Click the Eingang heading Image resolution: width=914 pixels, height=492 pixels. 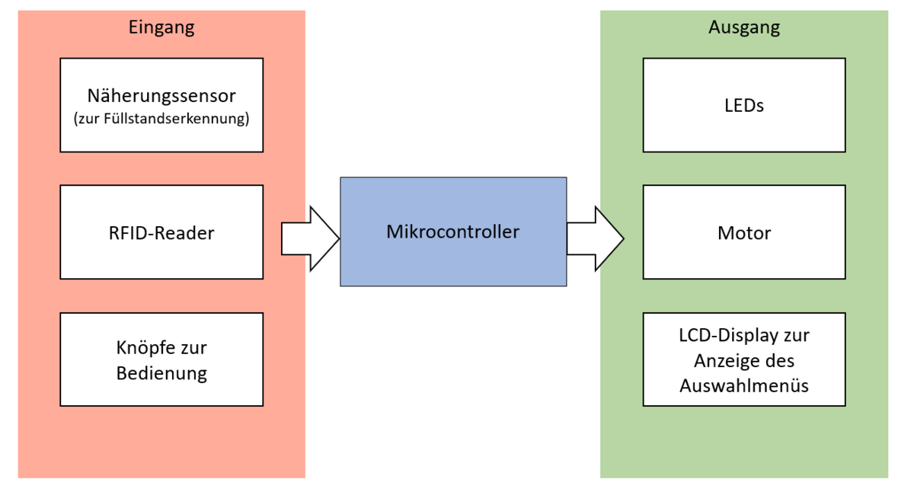[x=161, y=28]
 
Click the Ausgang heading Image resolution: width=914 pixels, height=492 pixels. [x=743, y=28]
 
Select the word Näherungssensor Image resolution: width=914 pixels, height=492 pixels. [x=161, y=97]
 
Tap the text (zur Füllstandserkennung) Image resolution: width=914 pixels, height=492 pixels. [x=161, y=120]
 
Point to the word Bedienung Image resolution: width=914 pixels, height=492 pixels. [x=161, y=373]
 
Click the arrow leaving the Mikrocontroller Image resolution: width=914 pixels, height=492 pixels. [x=595, y=238]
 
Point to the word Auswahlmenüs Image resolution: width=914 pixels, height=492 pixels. [x=743, y=385]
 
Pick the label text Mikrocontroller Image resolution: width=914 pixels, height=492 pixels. [x=452, y=232]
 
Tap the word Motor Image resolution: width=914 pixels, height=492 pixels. [x=743, y=233]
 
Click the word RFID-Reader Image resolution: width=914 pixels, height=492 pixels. [x=161, y=233]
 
